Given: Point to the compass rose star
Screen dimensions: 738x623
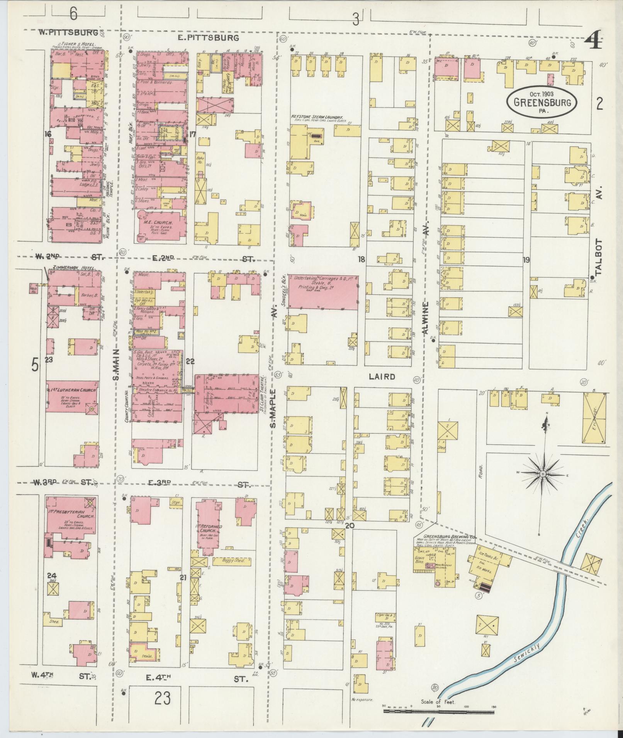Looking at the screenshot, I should [x=543, y=473].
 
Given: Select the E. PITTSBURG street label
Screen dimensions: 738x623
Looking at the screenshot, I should [x=209, y=38].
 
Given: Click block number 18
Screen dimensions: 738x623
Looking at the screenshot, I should [x=361, y=259].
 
